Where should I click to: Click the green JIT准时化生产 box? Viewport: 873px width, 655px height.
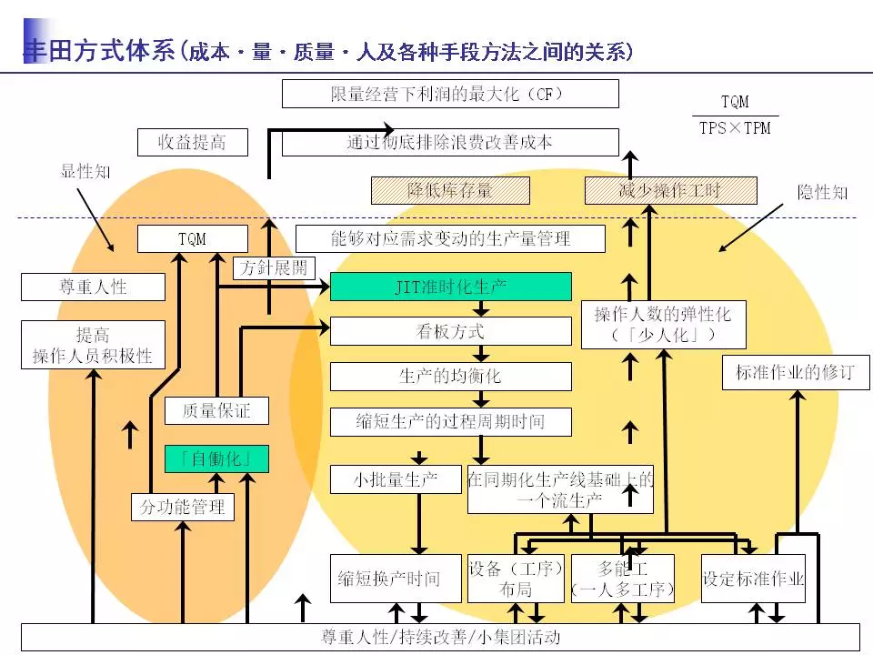click(450, 287)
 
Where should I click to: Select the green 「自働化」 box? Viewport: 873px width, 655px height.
click(216, 458)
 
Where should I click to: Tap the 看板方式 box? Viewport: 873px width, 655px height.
click(450, 331)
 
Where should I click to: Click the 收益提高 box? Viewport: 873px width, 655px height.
click(192, 142)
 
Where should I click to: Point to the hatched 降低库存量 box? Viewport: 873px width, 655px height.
click(449, 190)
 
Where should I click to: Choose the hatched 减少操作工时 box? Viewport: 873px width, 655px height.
click(669, 190)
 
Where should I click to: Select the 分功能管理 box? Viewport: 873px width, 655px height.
click(182, 507)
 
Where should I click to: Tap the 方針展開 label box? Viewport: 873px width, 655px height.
click(274, 267)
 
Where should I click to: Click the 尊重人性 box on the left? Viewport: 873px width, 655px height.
click(93, 287)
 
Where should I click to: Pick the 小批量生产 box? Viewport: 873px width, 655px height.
click(396, 479)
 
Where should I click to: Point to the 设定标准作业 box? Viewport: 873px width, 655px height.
click(754, 579)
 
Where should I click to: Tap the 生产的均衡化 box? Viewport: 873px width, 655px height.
click(450, 376)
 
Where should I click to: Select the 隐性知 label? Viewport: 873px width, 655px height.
click(822, 192)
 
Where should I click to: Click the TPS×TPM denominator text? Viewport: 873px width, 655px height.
click(735, 128)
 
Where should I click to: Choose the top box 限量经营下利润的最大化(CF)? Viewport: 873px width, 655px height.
click(450, 94)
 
